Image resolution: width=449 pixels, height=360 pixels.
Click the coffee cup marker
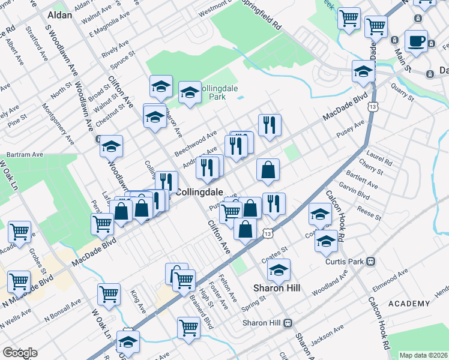[x=416, y=42]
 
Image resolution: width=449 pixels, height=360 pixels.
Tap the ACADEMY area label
[x=410, y=304]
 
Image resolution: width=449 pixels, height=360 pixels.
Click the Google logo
[x=19, y=353]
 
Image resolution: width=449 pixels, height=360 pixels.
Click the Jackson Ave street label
[x=327, y=334]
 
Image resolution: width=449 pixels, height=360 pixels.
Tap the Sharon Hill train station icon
[x=288, y=323]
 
